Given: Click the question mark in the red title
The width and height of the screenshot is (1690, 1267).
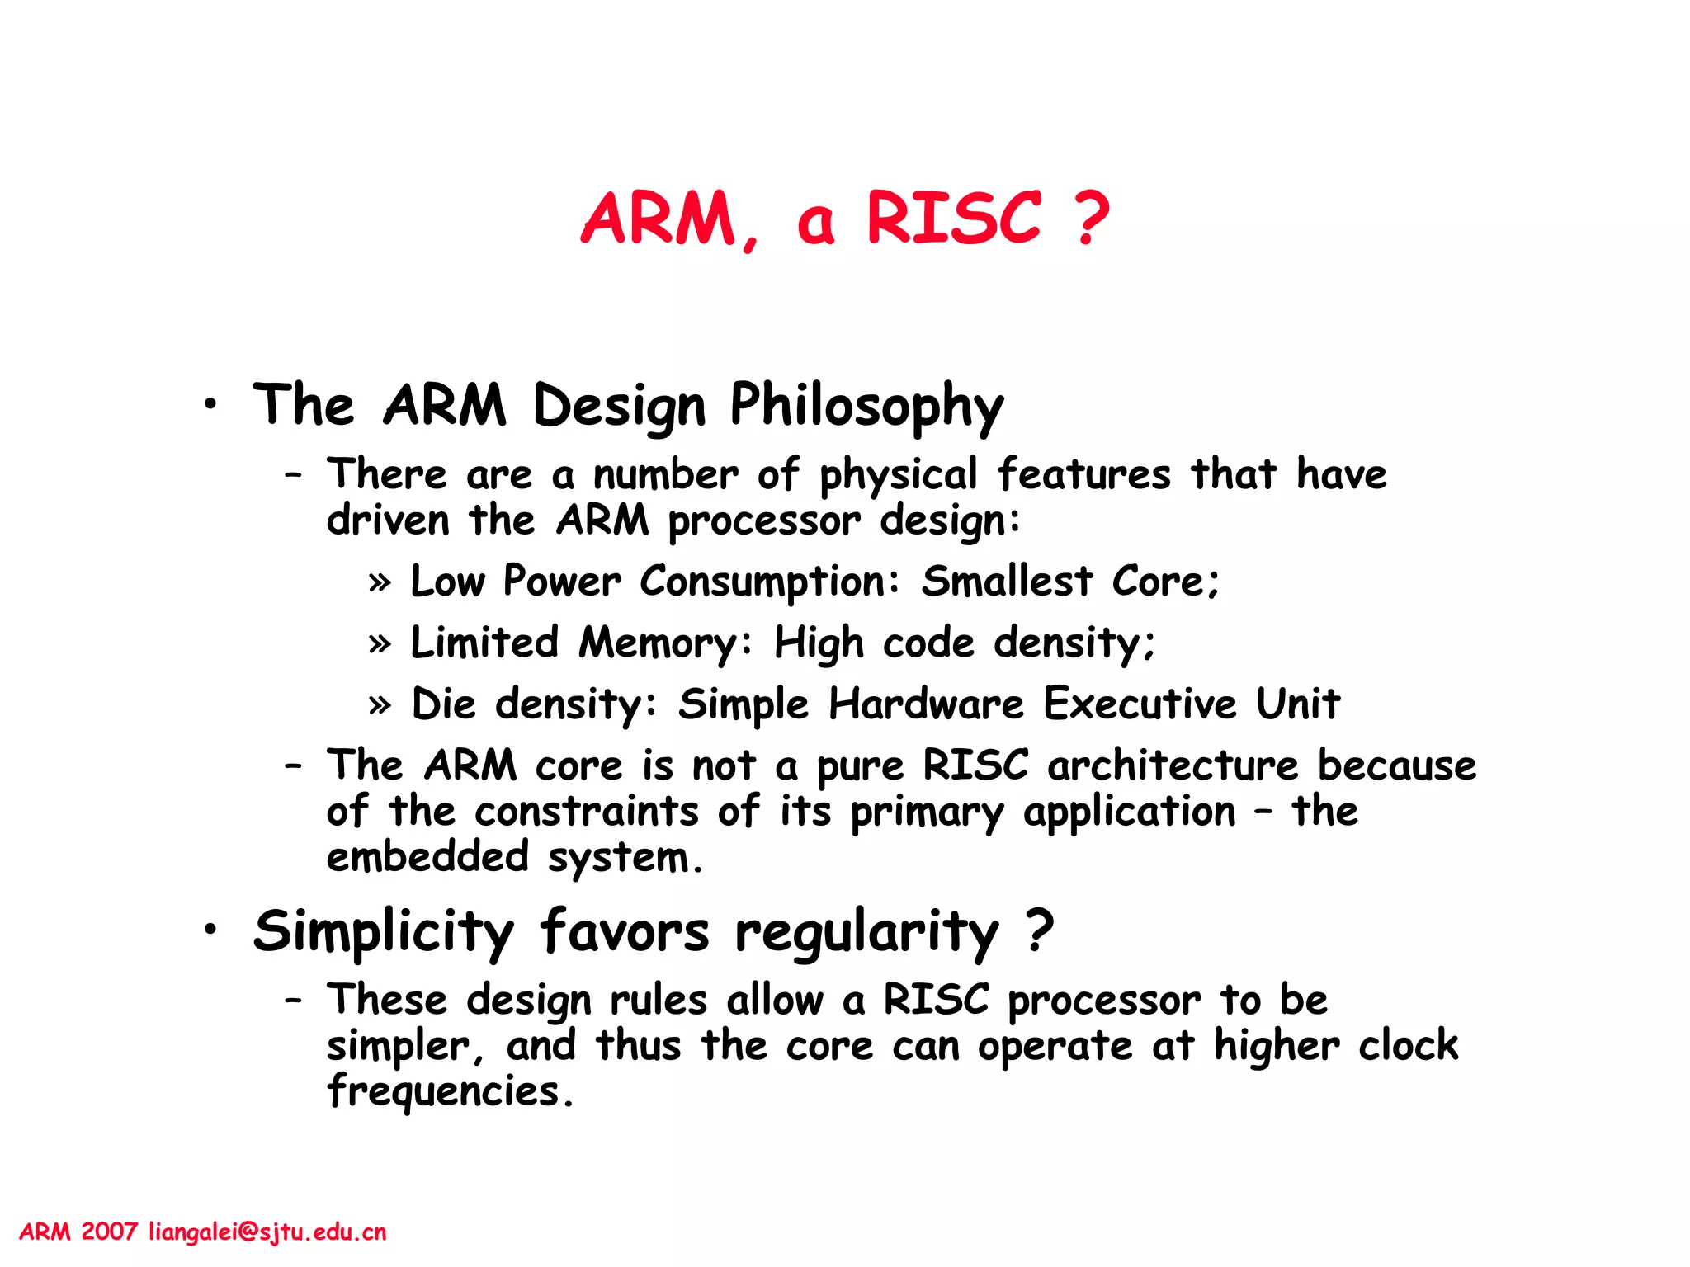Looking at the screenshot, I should click(1092, 219).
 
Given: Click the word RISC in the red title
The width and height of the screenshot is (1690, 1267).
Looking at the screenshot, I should click(953, 219).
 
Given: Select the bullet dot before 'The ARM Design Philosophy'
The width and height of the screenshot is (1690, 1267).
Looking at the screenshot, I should click(212, 404).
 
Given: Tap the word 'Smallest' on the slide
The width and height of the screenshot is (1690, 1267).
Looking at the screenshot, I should click(1007, 582).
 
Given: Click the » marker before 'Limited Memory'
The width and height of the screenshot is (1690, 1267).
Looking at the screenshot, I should click(380, 643).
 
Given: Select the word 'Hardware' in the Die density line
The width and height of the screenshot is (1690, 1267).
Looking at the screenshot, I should click(926, 704).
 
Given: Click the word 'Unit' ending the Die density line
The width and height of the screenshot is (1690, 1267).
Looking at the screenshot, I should click(1297, 704).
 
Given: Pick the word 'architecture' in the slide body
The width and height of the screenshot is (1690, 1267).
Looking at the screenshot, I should click(1173, 765).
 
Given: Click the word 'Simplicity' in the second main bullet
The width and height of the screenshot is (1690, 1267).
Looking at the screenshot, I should click(384, 932).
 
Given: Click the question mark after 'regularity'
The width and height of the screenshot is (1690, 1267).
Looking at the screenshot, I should click(1040, 930).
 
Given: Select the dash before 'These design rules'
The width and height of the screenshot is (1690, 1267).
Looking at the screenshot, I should click(293, 1001).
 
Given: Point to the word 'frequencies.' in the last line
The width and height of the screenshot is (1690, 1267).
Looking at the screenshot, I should click(450, 1092).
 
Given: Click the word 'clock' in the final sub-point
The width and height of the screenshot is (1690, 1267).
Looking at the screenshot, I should click(1408, 1046).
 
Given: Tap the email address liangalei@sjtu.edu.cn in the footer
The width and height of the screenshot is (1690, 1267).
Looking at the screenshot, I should click(267, 1232).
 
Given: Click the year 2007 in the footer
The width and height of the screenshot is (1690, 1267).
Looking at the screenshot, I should click(109, 1232).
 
